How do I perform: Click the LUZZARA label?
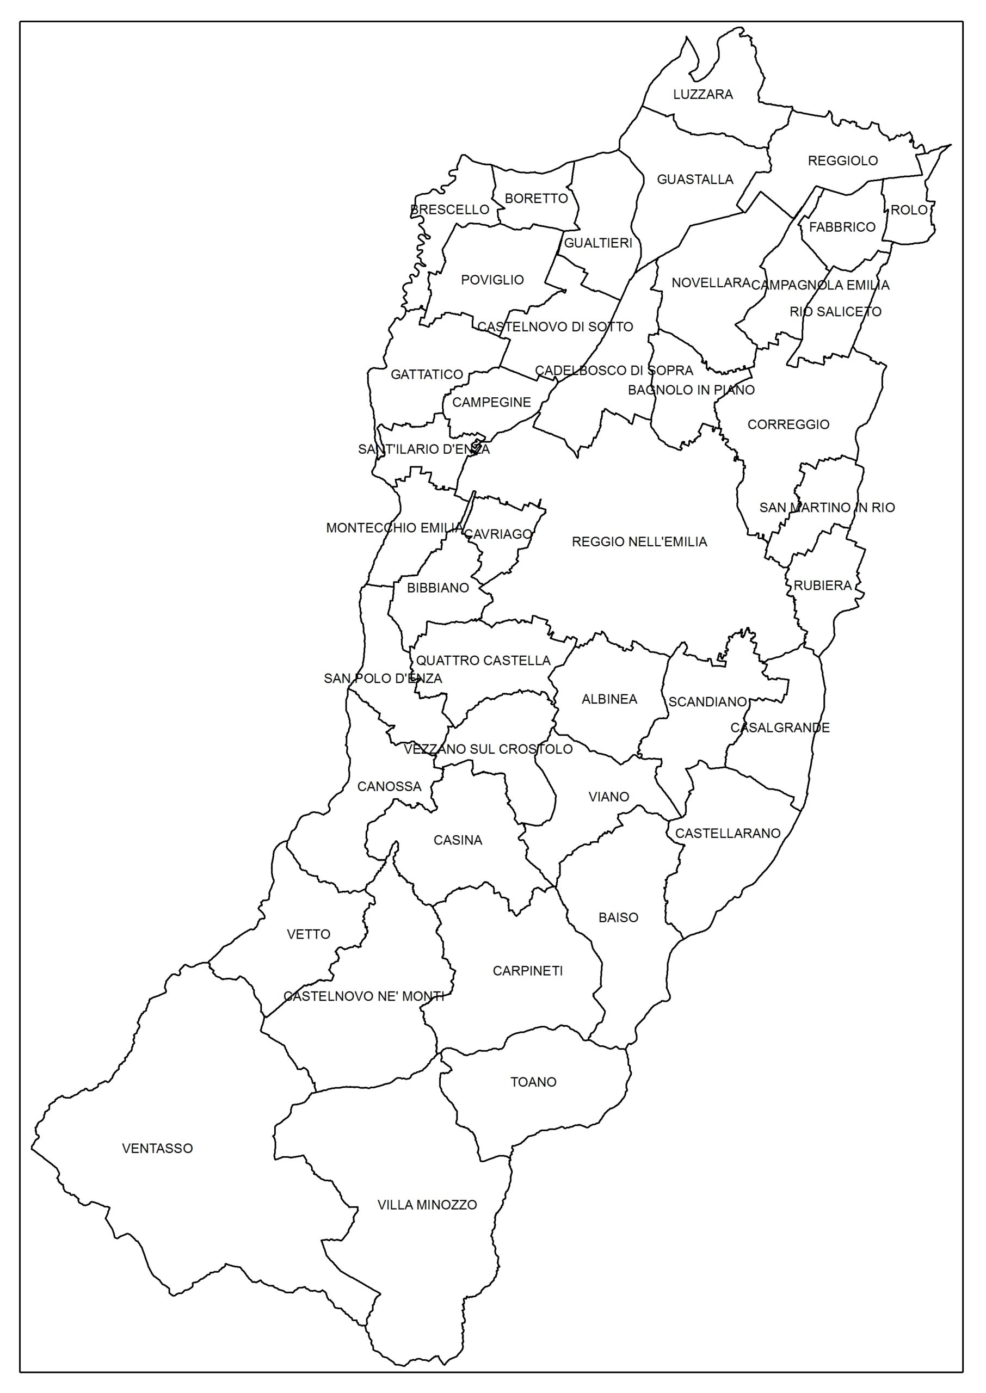(x=702, y=94)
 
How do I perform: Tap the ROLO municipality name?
(x=908, y=210)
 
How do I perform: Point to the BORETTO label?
(x=535, y=199)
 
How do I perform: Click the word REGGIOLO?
(x=842, y=161)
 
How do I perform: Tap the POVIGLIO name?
(x=492, y=280)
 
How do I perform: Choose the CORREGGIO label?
(x=787, y=425)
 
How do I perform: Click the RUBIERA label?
(x=822, y=585)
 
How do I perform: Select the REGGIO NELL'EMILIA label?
(x=639, y=542)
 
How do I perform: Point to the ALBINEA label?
(x=609, y=699)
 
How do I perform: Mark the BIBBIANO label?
(x=437, y=588)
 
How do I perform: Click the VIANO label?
(x=608, y=797)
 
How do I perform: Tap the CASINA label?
(x=457, y=841)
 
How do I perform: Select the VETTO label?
(x=309, y=934)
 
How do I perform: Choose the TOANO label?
(x=533, y=1082)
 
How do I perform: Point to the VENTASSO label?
(x=157, y=1148)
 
